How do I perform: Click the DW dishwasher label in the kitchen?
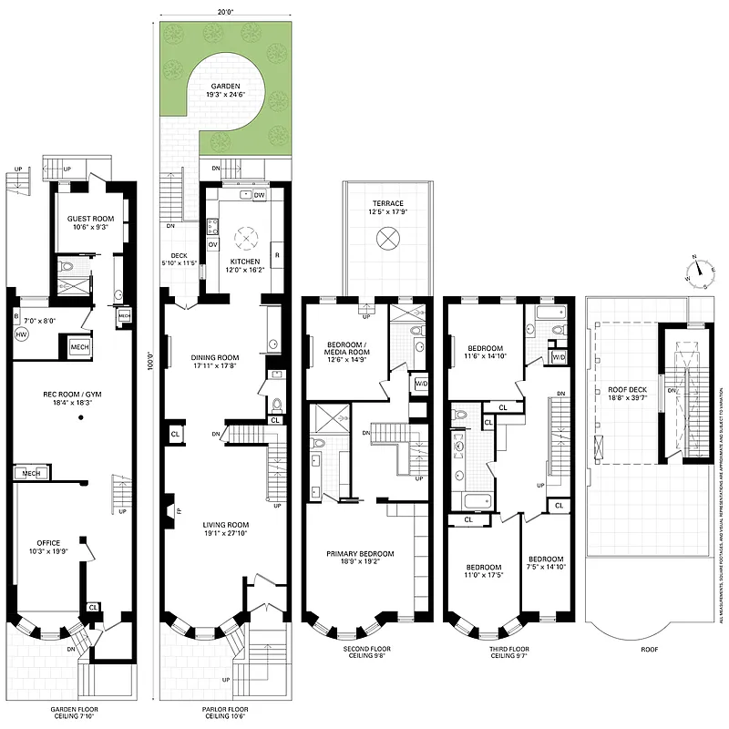point(260,195)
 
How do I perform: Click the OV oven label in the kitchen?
point(213,244)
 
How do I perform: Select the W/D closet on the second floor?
point(420,384)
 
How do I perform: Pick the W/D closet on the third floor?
point(559,356)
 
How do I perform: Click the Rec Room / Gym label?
point(69,395)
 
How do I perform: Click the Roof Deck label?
point(626,389)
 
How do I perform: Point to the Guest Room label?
point(89,219)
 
